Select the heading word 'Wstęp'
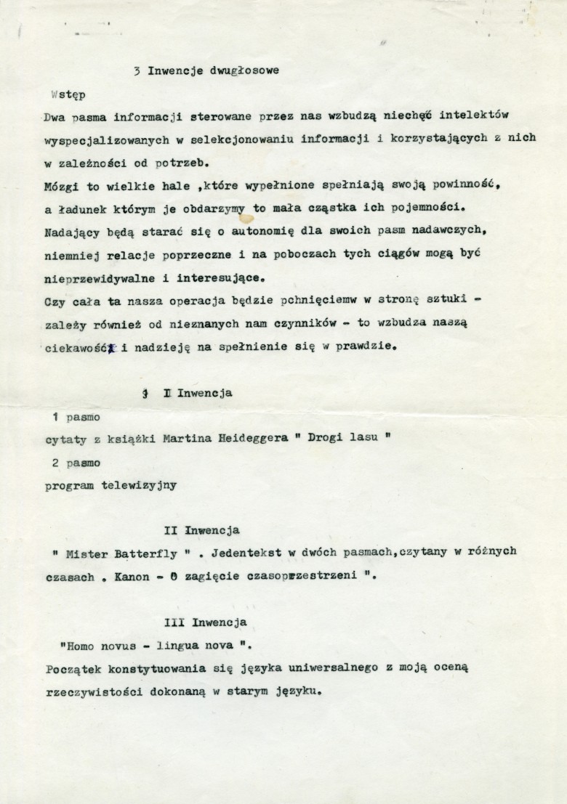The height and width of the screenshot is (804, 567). (68, 94)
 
